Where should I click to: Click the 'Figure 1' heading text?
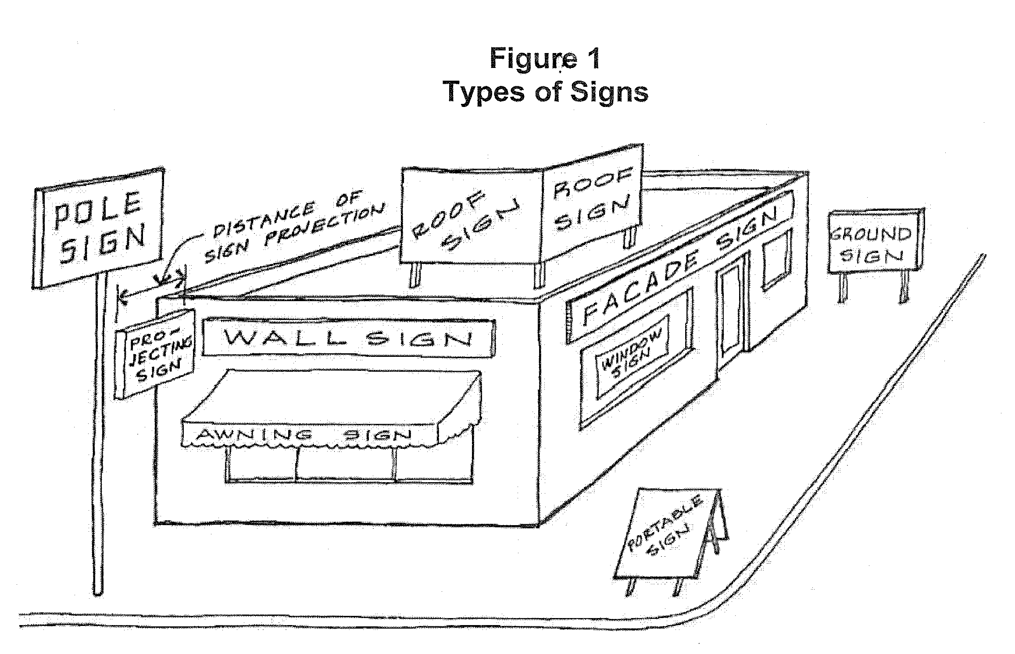545,58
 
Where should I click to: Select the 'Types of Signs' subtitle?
546,92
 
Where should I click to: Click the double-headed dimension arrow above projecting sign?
151,287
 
